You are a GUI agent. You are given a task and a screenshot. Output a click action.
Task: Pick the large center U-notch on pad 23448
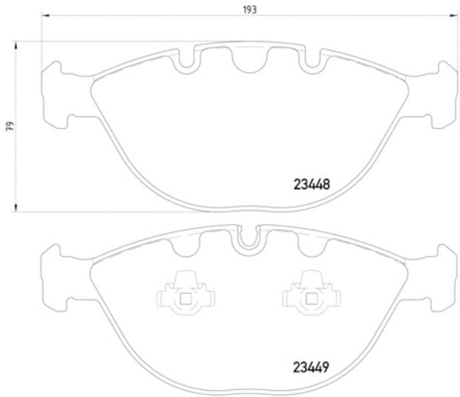[x=248, y=62]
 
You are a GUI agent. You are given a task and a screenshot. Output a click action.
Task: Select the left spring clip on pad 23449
[x=185, y=295]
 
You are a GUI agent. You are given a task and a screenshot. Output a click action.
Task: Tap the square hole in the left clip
[x=185, y=298]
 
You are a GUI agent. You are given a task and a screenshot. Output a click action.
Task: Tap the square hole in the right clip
[x=311, y=298]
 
